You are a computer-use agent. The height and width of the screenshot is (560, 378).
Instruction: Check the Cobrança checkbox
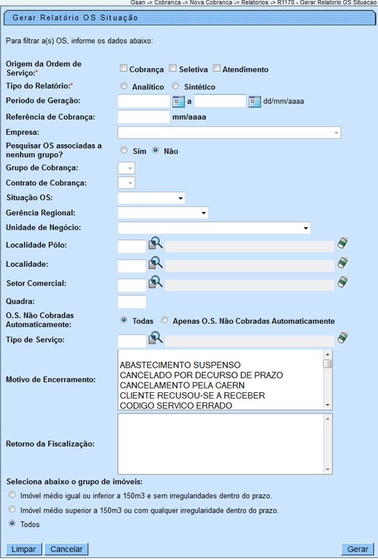click(x=123, y=69)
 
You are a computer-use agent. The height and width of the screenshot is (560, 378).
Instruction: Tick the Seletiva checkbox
click(x=173, y=69)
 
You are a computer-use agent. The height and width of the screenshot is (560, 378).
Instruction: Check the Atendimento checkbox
click(x=217, y=69)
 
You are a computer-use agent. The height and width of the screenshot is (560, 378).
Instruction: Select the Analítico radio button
click(x=124, y=86)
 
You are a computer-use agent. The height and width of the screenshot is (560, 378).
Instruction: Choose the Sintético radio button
click(x=175, y=86)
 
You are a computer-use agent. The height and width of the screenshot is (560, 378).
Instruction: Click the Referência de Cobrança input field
click(x=144, y=116)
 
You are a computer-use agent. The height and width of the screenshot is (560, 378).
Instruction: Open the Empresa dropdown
click(x=229, y=132)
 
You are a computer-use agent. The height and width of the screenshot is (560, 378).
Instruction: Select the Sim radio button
click(x=124, y=150)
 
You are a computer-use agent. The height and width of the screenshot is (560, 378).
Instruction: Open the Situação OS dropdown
click(x=152, y=197)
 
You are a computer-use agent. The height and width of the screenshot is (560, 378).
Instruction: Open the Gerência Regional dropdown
click(x=164, y=212)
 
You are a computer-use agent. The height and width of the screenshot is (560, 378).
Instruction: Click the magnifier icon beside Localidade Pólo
click(x=155, y=243)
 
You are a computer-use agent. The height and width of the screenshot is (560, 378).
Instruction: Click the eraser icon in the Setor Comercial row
click(x=343, y=282)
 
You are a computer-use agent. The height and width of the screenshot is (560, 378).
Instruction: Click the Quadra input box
click(x=133, y=302)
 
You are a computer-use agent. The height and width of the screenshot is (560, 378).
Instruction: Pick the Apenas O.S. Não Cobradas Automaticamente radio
click(x=165, y=320)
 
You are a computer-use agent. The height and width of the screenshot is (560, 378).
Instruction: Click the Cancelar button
click(x=67, y=549)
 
